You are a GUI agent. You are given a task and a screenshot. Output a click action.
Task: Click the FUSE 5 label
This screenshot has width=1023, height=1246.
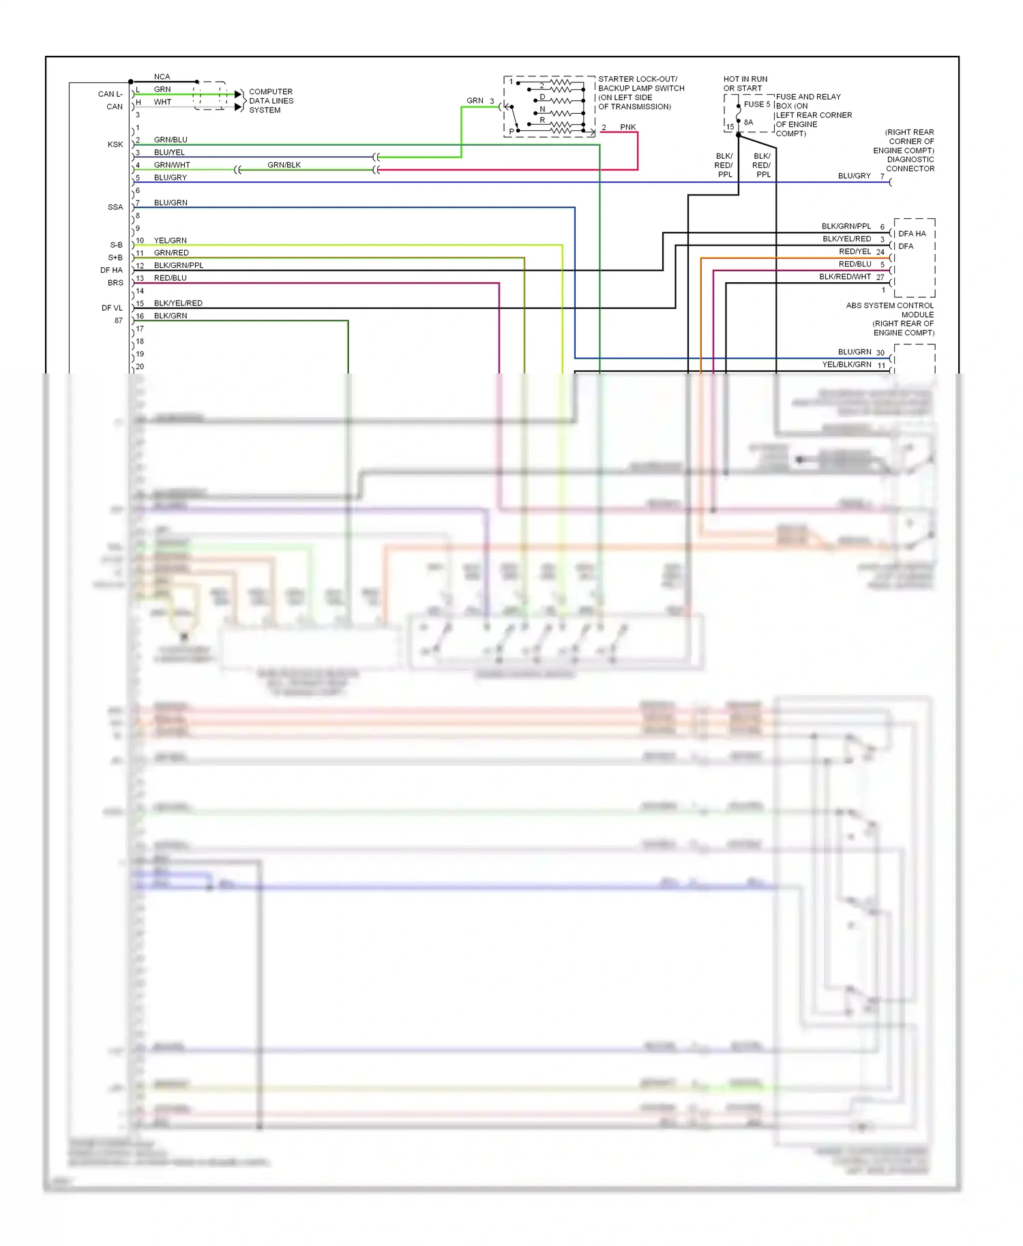tap(756, 104)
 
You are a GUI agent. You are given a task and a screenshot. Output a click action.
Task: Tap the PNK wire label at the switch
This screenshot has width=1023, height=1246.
tap(627, 127)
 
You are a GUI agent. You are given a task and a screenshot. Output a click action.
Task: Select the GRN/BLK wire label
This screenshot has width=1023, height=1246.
tap(284, 165)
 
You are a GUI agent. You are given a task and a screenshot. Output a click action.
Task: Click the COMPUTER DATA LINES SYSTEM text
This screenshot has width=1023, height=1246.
tap(271, 101)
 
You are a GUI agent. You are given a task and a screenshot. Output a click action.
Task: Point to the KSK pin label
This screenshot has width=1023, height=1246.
tap(115, 145)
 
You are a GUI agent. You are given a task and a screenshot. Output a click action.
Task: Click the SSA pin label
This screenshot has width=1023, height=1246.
tap(115, 207)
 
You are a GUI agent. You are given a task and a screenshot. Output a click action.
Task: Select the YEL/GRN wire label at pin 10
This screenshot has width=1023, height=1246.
tap(170, 241)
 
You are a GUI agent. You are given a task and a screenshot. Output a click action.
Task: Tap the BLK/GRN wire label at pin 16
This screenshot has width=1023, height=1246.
tap(170, 316)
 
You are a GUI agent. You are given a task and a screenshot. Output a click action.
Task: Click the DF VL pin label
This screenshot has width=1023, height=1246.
tap(112, 308)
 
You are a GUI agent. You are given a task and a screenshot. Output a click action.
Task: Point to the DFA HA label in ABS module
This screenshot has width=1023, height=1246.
tap(912, 234)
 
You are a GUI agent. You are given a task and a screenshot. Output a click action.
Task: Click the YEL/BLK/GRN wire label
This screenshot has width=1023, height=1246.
tap(846, 365)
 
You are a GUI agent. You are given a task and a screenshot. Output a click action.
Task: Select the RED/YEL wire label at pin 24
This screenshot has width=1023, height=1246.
tap(855, 252)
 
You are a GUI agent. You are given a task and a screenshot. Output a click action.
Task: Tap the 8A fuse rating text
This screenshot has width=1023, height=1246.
tap(748, 123)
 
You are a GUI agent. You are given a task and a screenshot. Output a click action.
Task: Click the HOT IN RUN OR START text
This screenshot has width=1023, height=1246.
tap(745, 84)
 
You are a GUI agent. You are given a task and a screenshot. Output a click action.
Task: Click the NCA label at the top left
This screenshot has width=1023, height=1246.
tap(162, 77)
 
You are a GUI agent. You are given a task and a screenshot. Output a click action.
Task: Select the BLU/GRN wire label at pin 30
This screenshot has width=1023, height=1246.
tap(855, 352)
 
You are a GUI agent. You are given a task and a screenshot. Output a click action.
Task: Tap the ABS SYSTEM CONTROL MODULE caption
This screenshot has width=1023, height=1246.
tap(890, 310)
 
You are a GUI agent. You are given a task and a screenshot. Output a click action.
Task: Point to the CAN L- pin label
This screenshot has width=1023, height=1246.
tap(110, 94)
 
